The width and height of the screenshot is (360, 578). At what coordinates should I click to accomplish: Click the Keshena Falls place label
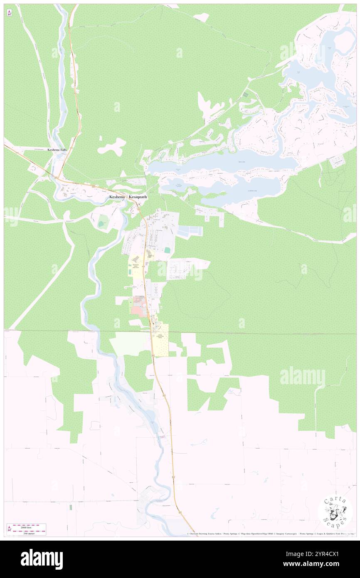[x=57, y=149]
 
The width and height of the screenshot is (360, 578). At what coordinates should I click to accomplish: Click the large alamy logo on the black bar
[x=42, y=559]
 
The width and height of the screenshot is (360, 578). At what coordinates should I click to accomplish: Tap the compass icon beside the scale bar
[x=9, y=529]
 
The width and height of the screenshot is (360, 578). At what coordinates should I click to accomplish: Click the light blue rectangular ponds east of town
[x=190, y=231]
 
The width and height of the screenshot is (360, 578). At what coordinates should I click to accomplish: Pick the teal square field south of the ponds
[x=167, y=250]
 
